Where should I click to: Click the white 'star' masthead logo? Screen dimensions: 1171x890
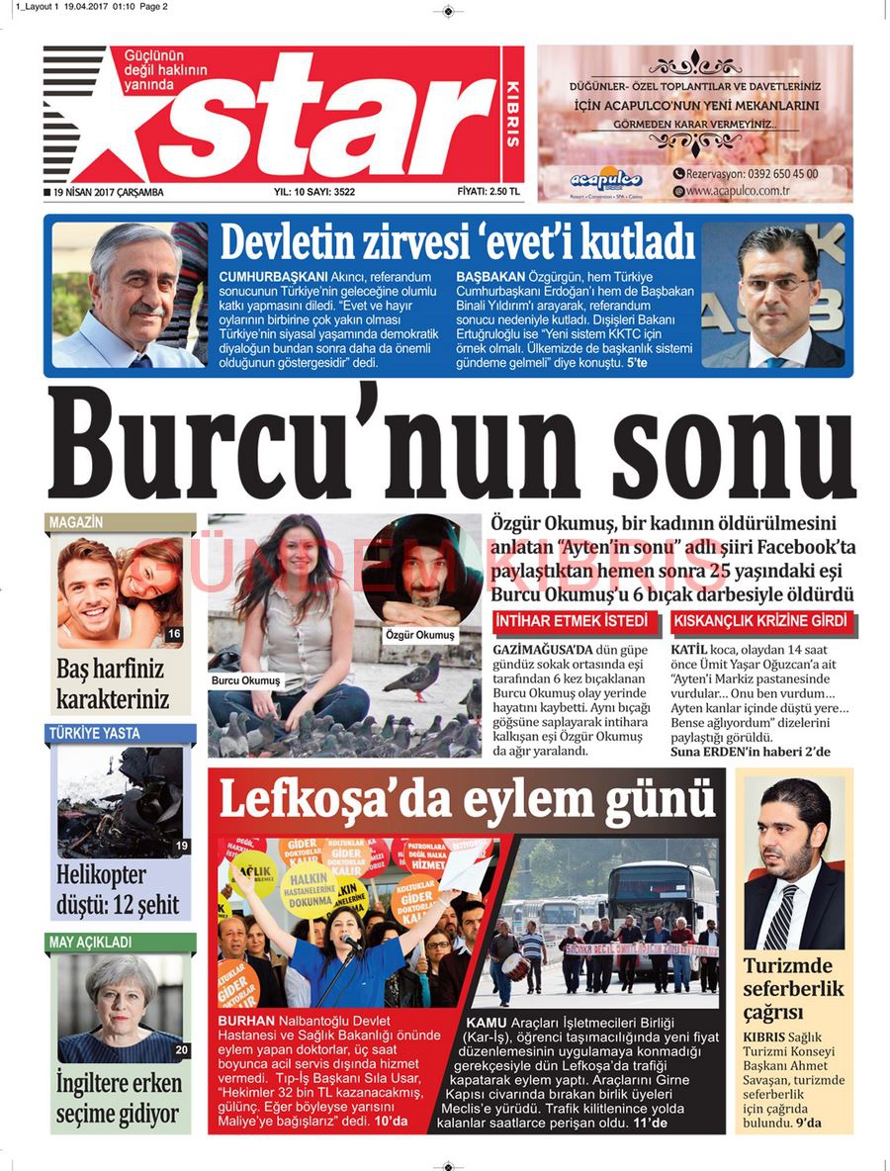pyautogui.click(x=326, y=116)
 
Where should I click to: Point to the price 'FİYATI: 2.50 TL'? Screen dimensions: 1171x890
pyautogui.click(x=489, y=192)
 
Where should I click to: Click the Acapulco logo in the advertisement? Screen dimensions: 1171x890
pyautogui.click(x=605, y=179)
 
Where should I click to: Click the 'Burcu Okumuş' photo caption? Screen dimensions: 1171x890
pyautogui.click(x=246, y=680)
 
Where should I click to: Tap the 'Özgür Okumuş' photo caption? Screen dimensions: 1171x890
pyautogui.click(x=421, y=634)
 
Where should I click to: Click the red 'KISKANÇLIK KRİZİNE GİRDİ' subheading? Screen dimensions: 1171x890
pyautogui.click(x=760, y=621)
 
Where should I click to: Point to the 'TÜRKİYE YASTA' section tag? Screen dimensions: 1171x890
pyautogui.click(x=94, y=734)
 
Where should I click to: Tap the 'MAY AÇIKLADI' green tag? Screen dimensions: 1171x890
pyautogui.click(x=90, y=943)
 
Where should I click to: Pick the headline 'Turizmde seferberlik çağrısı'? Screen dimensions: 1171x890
pyautogui.click(x=794, y=989)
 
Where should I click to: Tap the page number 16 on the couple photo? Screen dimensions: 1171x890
pyautogui.click(x=174, y=634)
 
